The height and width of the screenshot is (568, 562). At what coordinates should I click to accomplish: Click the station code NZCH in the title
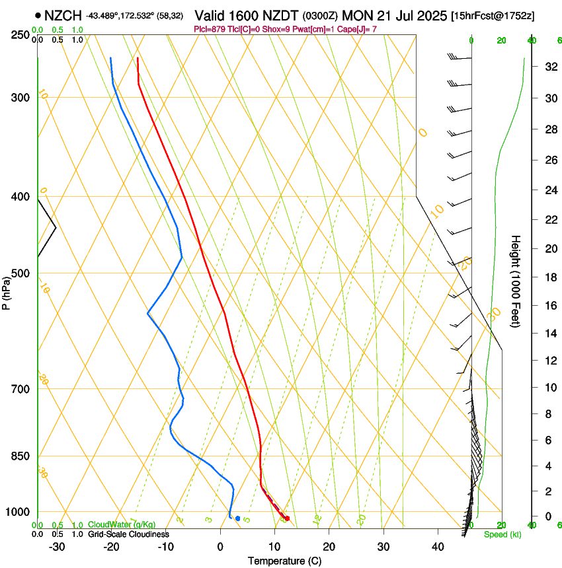[x=63, y=15]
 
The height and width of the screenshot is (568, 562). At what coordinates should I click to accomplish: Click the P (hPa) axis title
[x=7, y=291]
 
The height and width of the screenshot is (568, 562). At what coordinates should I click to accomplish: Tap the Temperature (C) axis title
[x=284, y=561]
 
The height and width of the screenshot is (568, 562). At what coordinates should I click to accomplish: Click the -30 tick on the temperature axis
[x=57, y=547]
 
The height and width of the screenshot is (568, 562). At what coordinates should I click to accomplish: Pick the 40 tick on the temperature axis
[x=437, y=547]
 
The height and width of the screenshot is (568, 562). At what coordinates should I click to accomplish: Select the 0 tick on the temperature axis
[x=220, y=547]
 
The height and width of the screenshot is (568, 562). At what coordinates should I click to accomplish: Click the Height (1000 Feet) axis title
[x=516, y=281]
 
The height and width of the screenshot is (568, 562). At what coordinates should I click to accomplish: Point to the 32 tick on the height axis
[x=549, y=67]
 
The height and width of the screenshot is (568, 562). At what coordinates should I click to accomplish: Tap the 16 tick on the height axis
[x=549, y=305]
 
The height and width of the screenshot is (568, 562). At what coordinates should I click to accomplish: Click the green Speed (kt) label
[x=502, y=534]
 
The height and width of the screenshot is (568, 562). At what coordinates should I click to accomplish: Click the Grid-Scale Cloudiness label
[x=128, y=534]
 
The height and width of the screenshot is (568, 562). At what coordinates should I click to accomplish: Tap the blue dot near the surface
[x=237, y=518]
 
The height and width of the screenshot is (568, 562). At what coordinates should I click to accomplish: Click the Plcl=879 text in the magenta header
[x=210, y=29]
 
